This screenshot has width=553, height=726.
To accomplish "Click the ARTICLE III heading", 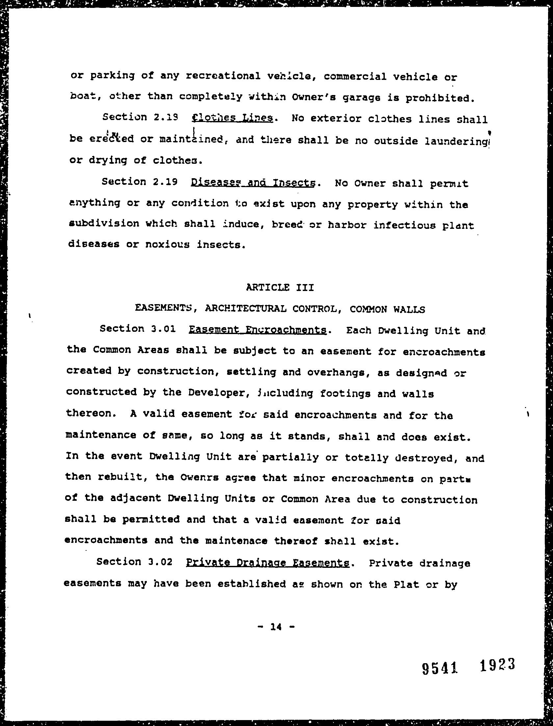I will point(280,287).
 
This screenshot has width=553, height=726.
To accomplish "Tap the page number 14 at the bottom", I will point(276,627).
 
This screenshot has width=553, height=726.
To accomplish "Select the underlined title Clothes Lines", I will point(232,118).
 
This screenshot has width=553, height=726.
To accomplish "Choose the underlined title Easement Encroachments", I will point(257,329).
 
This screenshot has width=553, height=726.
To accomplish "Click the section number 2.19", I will point(165,182).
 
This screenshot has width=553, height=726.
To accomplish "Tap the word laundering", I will point(456,141).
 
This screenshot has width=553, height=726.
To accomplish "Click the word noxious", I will point(167,244).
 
